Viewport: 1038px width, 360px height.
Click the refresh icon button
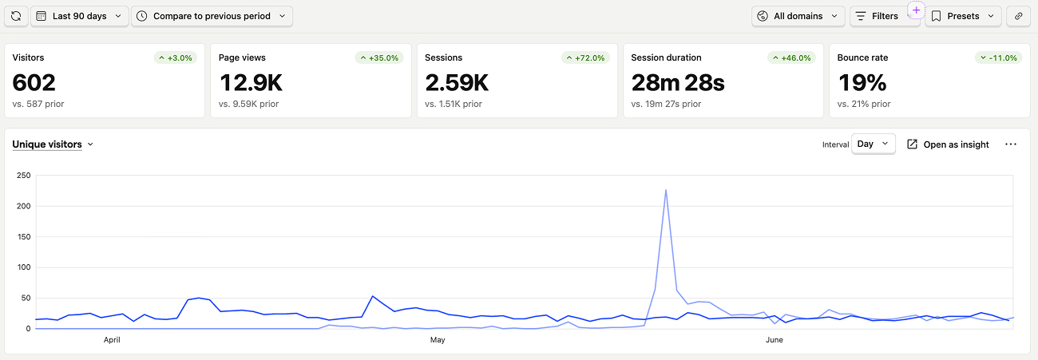(x=16, y=16)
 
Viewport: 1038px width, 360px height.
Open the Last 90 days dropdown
(x=80, y=16)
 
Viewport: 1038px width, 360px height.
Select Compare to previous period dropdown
(x=212, y=16)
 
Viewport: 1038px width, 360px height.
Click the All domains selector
(x=798, y=16)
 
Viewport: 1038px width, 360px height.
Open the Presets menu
(x=963, y=16)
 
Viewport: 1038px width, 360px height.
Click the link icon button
(x=1018, y=16)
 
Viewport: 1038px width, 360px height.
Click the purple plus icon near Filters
(x=916, y=10)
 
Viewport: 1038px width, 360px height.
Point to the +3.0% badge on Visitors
(x=176, y=58)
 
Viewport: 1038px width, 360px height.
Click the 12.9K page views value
(x=251, y=83)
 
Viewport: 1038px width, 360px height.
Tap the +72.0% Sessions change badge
(x=586, y=58)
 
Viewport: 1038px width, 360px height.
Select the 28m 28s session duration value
(x=677, y=83)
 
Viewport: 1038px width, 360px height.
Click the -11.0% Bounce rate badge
(x=999, y=58)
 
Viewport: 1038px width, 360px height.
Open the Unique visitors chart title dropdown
(x=53, y=144)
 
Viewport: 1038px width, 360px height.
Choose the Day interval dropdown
(x=873, y=144)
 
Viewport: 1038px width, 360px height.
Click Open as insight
(x=948, y=144)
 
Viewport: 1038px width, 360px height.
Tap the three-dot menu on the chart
(x=1011, y=144)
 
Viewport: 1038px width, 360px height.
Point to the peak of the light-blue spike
(x=666, y=189)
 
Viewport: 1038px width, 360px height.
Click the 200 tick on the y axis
(x=24, y=206)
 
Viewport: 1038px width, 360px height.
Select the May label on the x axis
(x=438, y=340)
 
